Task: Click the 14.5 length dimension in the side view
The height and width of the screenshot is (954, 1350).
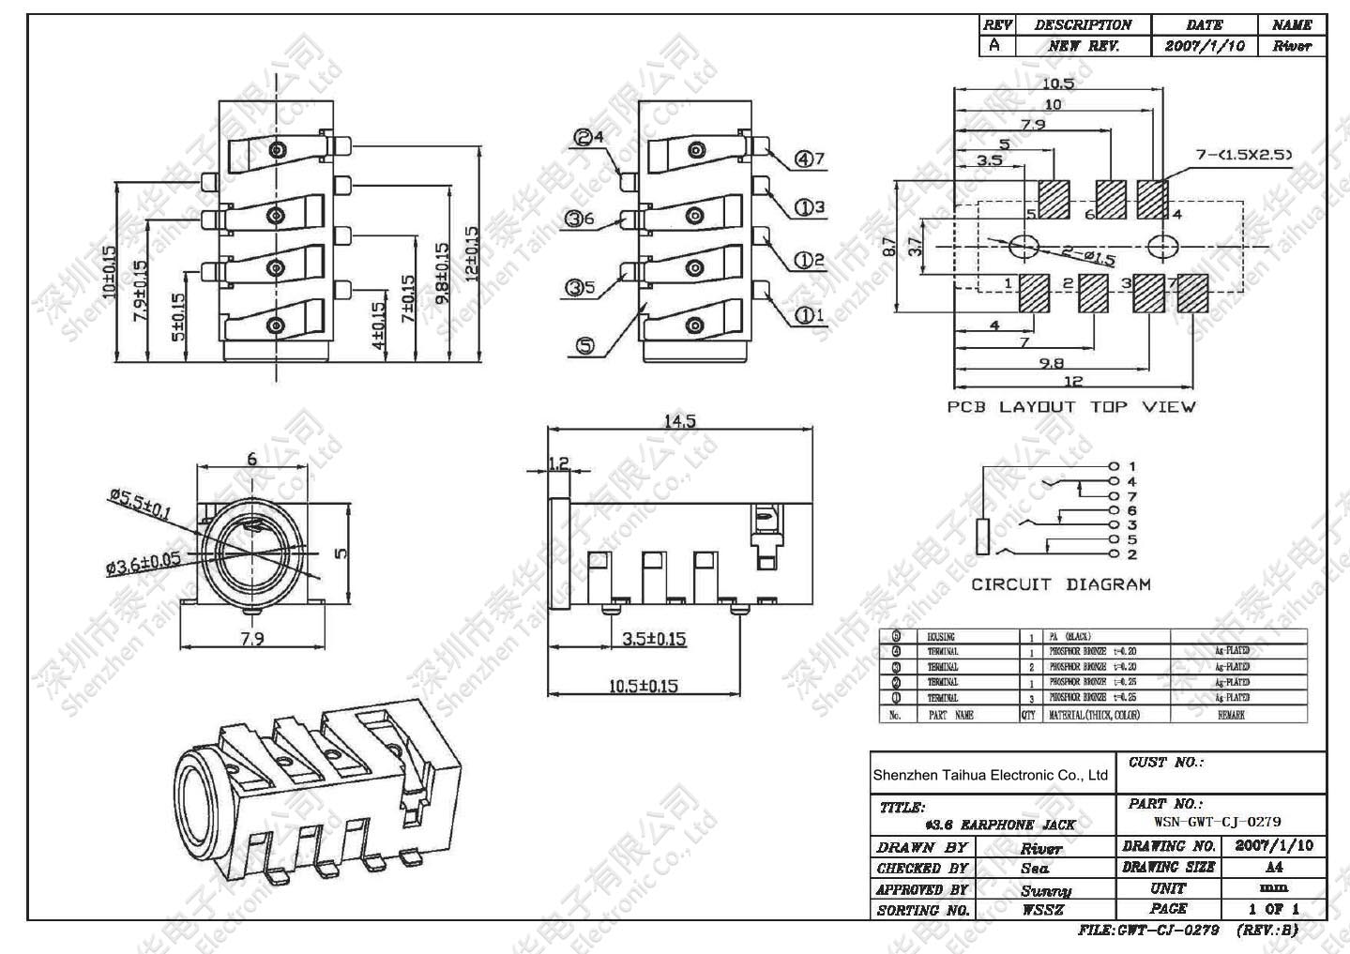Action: pyautogui.click(x=680, y=421)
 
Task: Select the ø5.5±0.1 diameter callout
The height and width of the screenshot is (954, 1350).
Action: pyautogui.click(x=140, y=504)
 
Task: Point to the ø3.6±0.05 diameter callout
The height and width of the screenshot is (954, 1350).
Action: pyautogui.click(x=144, y=564)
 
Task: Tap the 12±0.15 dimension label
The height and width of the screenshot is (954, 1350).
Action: pyautogui.click(x=471, y=252)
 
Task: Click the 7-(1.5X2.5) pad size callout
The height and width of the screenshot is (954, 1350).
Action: pyautogui.click(x=1244, y=155)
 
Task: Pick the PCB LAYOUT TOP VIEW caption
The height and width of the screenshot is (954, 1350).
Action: pyautogui.click(x=1070, y=406)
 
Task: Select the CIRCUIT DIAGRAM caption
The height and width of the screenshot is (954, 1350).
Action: pyautogui.click(x=1060, y=584)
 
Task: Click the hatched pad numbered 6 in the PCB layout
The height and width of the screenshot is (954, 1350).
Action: pyautogui.click(x=1112, y=198)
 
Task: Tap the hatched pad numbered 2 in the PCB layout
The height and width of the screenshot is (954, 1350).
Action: pyautogui.click(x=1093, y=293)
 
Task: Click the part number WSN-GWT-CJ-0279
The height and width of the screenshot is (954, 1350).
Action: pyautogui.click(x=1217, y=822)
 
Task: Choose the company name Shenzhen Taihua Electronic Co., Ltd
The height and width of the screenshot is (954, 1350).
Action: pyautogui.click(x=991, y=775)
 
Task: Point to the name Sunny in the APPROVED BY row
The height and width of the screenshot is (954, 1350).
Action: pyautogui.click(x=1045, y=889)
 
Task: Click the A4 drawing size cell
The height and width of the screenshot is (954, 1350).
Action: pyautogui.click(x=1273, y=867)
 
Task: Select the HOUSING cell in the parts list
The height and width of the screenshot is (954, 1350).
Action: pyautogui.click(x=941, y=637)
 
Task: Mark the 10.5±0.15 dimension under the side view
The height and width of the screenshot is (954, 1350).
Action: pyautogui.click(x=643, y=686)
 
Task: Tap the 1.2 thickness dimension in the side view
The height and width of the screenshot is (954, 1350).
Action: pyautogui.click(x=558, y=462)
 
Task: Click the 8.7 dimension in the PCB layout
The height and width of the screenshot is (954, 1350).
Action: pyautogui.click(x=890, y=248)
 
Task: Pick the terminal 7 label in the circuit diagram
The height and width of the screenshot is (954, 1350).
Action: pyautogui.click(x=1132, y=496)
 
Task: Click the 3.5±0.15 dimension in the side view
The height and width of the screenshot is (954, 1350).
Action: pyautogui.click(x=654, y=639)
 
